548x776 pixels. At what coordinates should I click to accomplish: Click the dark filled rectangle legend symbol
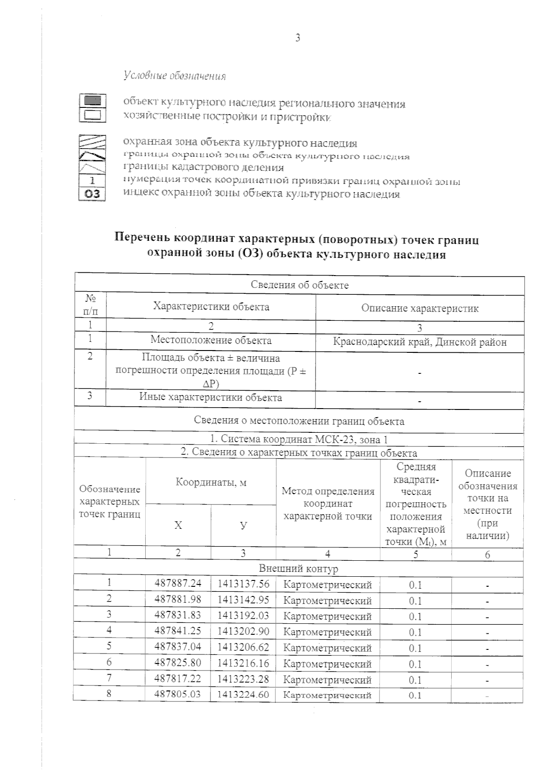93,100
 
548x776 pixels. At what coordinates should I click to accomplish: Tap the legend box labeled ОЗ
93,194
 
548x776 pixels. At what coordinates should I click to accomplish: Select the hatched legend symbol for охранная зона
93,141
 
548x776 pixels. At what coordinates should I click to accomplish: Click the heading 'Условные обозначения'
175,75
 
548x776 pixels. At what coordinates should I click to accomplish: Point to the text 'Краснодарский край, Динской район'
420,342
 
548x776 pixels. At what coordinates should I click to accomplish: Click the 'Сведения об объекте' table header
300,285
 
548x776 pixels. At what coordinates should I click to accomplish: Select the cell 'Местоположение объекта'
211,340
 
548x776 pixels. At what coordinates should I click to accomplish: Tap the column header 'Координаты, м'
211,482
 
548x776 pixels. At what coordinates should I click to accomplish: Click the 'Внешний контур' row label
299,569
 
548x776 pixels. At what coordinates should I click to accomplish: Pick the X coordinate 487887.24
178,584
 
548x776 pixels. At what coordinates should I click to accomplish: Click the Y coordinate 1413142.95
243,600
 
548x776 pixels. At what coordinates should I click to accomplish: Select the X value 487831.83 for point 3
178,616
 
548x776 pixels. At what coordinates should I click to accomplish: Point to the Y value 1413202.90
243,632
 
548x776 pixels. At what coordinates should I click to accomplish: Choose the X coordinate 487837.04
178,647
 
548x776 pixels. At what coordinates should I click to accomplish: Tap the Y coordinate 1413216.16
243,663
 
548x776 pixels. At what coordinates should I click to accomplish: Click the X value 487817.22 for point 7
178,679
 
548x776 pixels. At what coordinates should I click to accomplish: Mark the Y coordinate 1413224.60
243,695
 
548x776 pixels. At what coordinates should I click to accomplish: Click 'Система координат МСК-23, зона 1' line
299,440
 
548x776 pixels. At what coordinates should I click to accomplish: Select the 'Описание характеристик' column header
420,308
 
